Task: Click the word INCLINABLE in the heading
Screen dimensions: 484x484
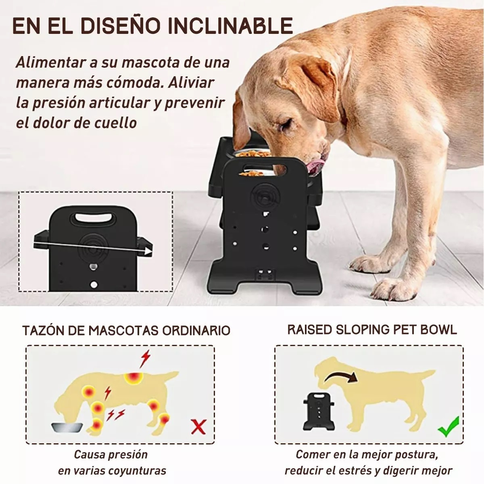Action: [x=230, y=25]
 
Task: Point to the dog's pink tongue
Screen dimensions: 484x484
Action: [x=316, y=165]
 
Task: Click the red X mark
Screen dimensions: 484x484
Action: [x=198, y=426]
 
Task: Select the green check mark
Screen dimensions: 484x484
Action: [x=449, y=427]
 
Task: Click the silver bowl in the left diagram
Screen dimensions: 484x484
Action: [x=67, y=427]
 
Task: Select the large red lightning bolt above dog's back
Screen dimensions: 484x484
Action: [x=144, y=358]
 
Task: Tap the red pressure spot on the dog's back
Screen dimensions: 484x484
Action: [x=134, y=378]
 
